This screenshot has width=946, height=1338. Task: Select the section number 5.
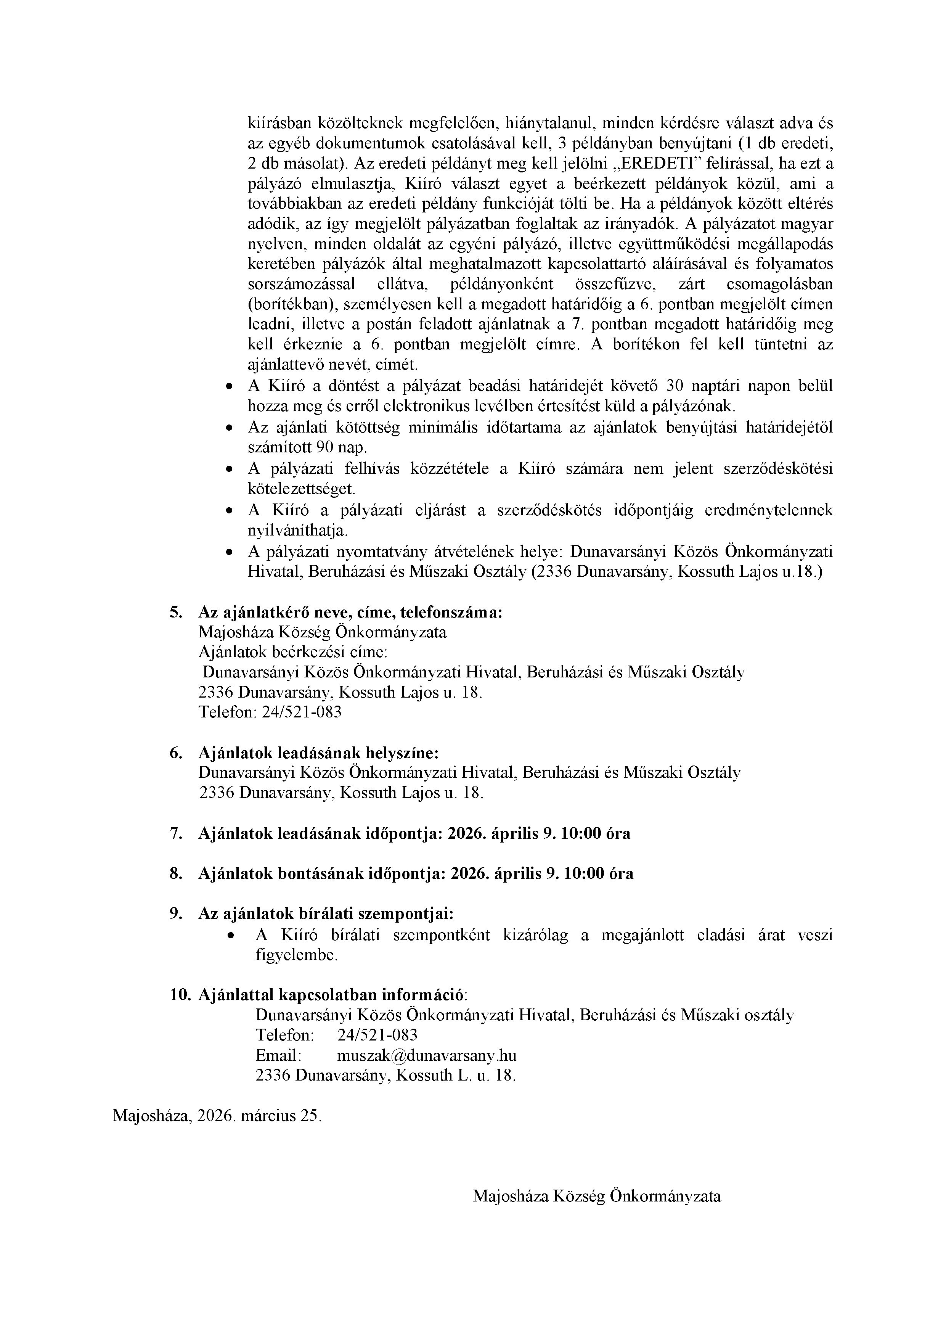tap(176, 613)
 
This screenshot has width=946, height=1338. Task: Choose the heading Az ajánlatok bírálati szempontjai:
tap(326, 914)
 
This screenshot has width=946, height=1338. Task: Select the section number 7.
tap(176, 833)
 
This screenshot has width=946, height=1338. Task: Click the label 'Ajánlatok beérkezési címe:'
tap(293, 652)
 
